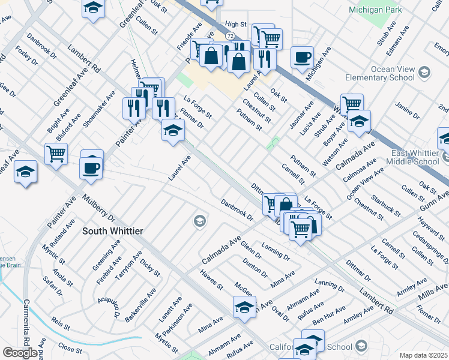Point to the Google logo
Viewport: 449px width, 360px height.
20,353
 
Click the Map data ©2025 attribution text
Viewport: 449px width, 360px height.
423,355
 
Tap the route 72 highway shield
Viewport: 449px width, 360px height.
231,37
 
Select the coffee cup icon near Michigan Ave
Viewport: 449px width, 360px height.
302,58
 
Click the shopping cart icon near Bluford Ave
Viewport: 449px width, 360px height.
56,154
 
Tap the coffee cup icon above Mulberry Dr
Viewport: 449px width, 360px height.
91,168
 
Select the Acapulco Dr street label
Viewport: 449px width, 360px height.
110,307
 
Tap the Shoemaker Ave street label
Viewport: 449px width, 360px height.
100,109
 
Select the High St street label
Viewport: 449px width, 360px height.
236,24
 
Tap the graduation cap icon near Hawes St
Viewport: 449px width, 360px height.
244,308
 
